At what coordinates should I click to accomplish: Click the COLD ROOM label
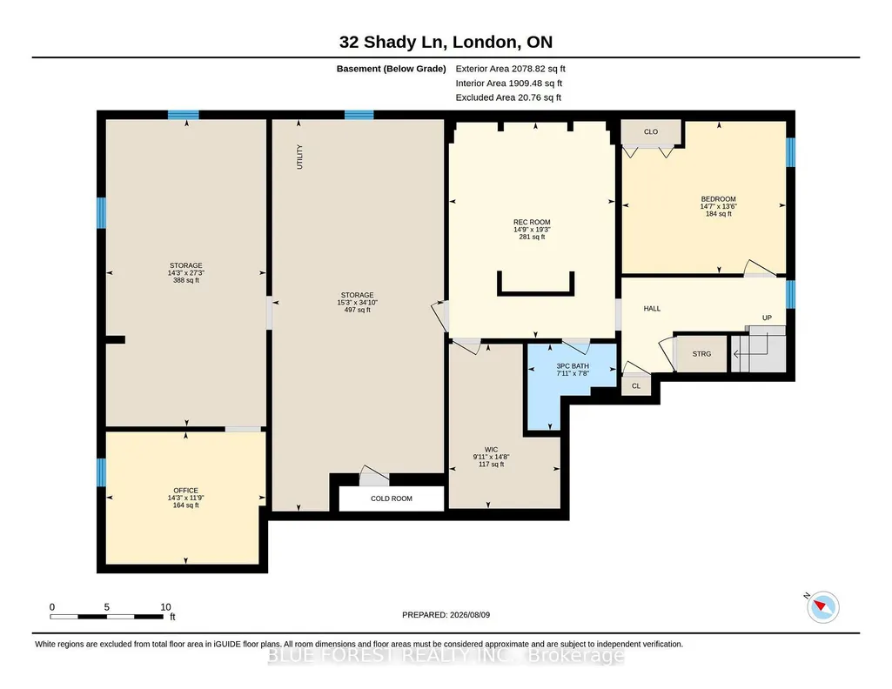[x=392, y=498]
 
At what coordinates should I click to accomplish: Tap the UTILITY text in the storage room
[x=299, y=157]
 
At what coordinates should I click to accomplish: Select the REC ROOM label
[x=532, y=223]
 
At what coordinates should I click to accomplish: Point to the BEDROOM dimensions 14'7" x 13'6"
[x=719, y=206]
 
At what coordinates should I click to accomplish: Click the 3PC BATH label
[x=573, y=366]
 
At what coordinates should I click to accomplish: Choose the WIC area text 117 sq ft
[x=491, y=465]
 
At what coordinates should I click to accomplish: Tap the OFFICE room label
[x=186, y=491]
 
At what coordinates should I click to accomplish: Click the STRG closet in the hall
[x=701, y=353]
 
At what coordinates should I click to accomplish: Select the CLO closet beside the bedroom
[x=651, y=132]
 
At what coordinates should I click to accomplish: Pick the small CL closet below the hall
[x=636, y=386]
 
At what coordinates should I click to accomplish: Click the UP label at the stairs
[x=767, y=318]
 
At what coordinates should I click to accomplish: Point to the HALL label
[x=652, y=309]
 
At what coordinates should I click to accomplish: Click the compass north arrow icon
[x=822, y=606]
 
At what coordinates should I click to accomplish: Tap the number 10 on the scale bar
[x=165, y=607]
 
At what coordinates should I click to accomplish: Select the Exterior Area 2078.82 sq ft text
[x=510, y=69]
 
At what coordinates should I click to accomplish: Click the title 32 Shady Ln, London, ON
[x=446, y=42]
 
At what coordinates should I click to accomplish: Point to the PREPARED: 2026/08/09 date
[x=446, y=614]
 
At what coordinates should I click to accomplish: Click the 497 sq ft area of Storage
[x=358, y=310]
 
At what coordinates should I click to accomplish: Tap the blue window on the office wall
[x=101, y=472]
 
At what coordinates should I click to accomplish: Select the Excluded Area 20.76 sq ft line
[x=508, y=97]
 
